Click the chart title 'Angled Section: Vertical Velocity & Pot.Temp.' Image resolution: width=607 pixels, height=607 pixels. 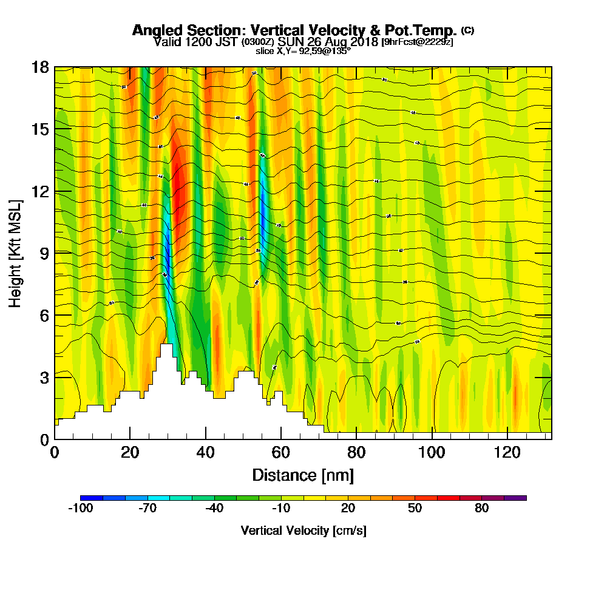click(294, 30)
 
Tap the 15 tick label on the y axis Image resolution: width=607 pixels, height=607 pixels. click(41, 129)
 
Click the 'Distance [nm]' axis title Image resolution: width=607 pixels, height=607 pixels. click(303, 475)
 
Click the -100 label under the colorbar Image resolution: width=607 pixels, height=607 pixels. click(80, 509)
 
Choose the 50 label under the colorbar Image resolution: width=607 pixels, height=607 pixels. click(415, 509)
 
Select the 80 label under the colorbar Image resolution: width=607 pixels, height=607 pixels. click(481, 509)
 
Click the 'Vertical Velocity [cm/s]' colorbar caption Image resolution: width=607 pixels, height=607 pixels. click(303, 531)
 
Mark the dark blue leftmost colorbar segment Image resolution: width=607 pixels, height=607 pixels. click(92, 498)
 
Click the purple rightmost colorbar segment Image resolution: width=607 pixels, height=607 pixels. click(515, 498)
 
